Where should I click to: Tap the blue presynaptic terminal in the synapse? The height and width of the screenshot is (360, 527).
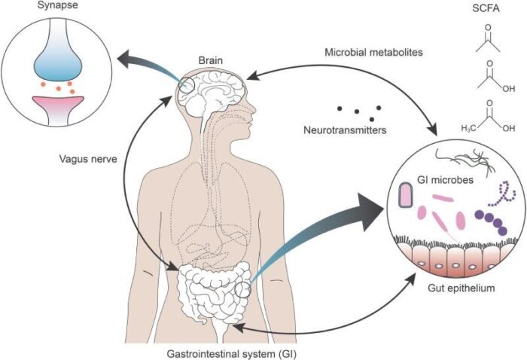click(59, 60)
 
